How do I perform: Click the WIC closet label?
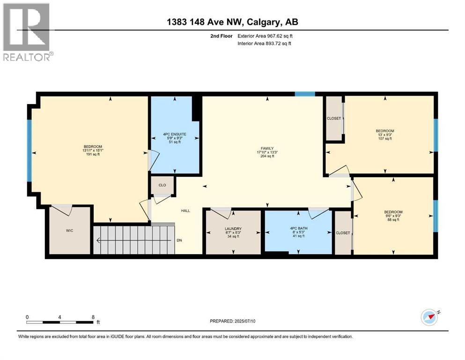70,231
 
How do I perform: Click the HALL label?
186,211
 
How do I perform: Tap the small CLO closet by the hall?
162,185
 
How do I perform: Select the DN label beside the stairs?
179,240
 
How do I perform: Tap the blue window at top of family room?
305,94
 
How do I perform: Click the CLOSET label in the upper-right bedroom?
334,119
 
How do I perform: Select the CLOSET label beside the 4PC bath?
343,233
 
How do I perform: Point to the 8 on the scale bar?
93,317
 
